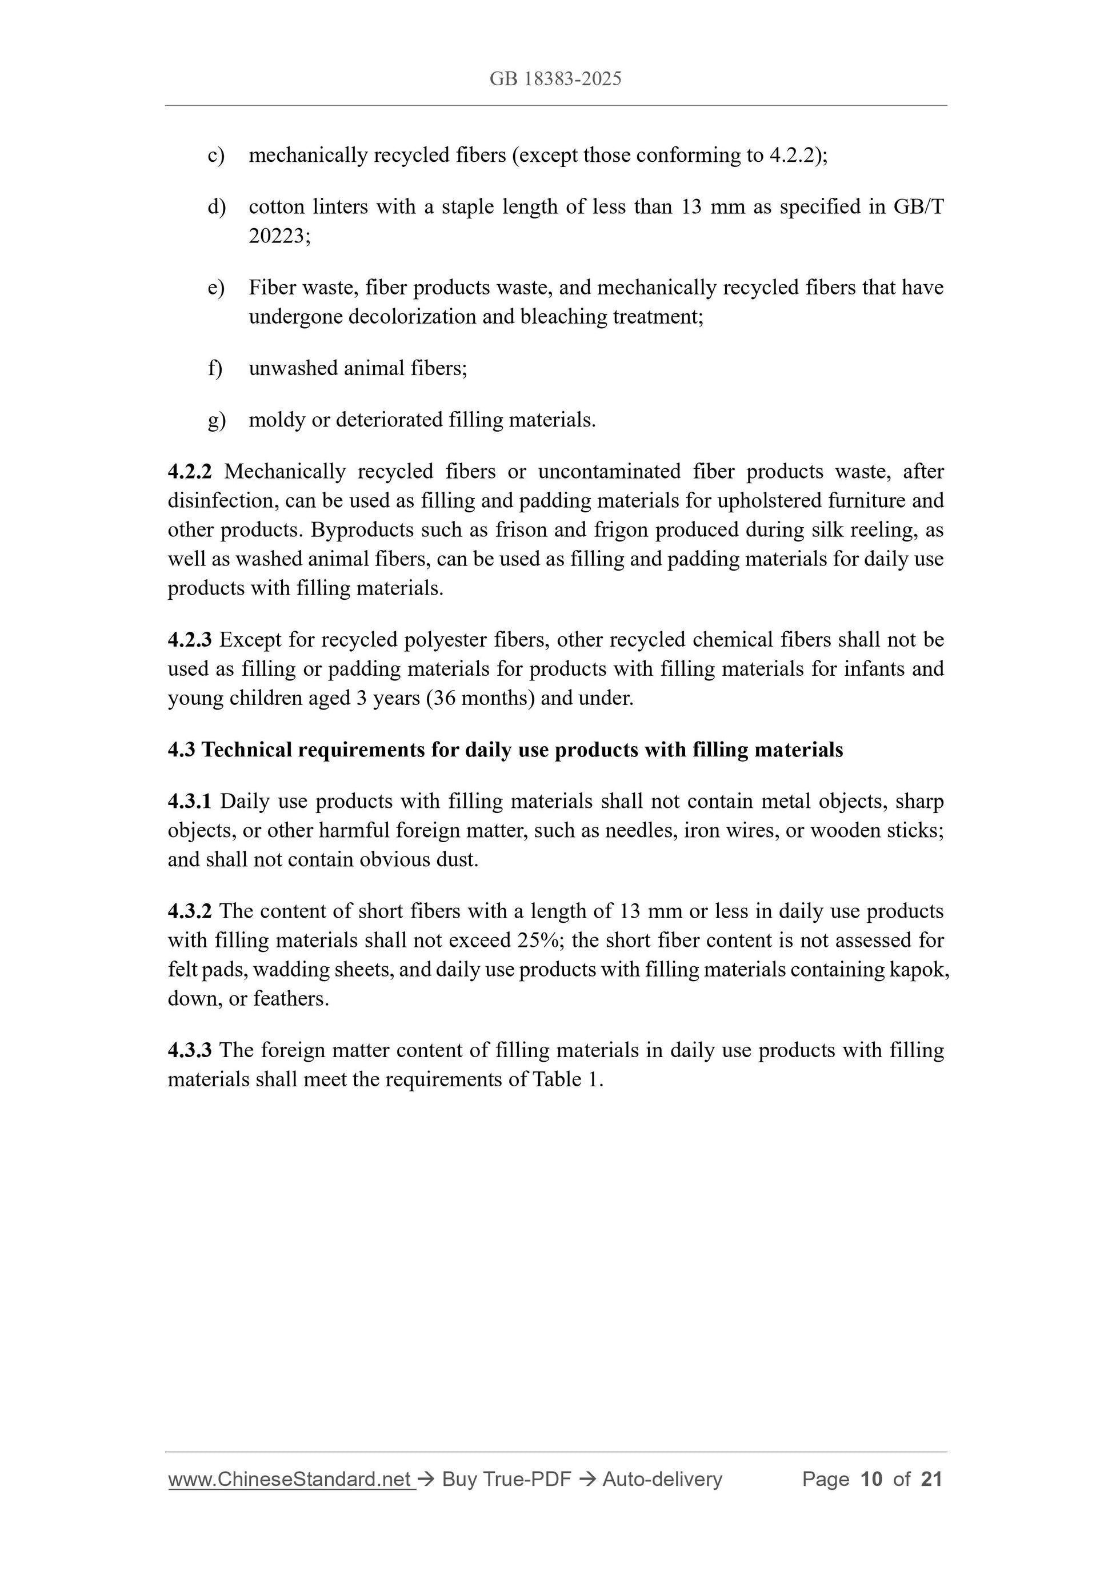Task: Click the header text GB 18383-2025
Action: pyautogui.click(x=555, y=79)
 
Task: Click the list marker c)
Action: pyautogui.click(x=216, y=156)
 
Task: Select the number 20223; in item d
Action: pyautogui.click(x=279, y=237)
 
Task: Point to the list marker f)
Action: pyautogui.click(x=215, y=369)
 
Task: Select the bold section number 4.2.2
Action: pyautogui.click(x=190, y=472)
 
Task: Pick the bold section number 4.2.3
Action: pyautogui.click(x=190, y=640)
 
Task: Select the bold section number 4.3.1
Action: pyautogui.click(x=190, y=802)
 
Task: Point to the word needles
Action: pyautogui.click(x=641, y=831)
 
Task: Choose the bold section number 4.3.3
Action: pyautogui.click(x=190, y=1050)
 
